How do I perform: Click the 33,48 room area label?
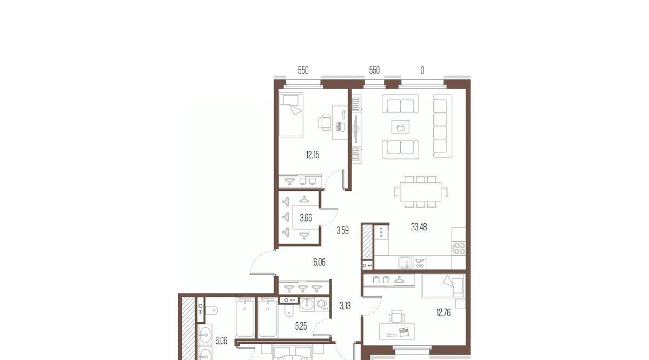[419, 228]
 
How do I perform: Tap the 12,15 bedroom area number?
[313, 155]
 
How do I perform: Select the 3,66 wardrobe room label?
[306, 217]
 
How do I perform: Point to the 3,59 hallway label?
[342, 231]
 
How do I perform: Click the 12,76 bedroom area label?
[443, 313]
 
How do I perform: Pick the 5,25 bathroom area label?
[301, 326]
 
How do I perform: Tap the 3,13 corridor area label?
[345, 305]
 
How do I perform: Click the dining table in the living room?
[420, 192]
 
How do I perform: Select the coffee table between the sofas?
[400, 127]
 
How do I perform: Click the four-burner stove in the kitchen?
[459, 249]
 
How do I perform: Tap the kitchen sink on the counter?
[406, 262]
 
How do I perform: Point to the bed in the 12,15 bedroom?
[291, 115]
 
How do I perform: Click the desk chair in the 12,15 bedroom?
[325, 123]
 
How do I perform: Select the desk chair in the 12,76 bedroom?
[396, 316]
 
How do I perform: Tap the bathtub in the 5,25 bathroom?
[268, 318]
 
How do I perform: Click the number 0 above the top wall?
[422, 70]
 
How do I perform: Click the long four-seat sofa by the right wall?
[442, 126]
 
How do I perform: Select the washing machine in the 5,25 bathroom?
[321, 304]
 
